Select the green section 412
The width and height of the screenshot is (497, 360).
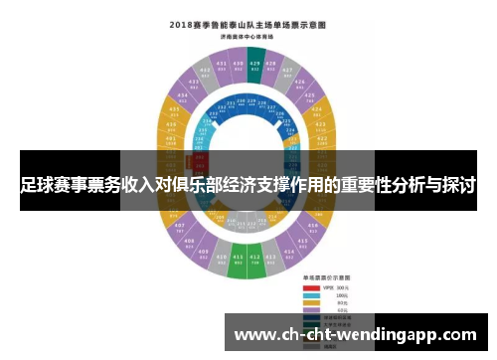(x=255, y=263)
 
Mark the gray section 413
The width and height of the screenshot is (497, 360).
(x=272, y=261)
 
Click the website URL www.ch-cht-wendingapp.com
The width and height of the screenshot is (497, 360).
(x=354, y=334)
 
